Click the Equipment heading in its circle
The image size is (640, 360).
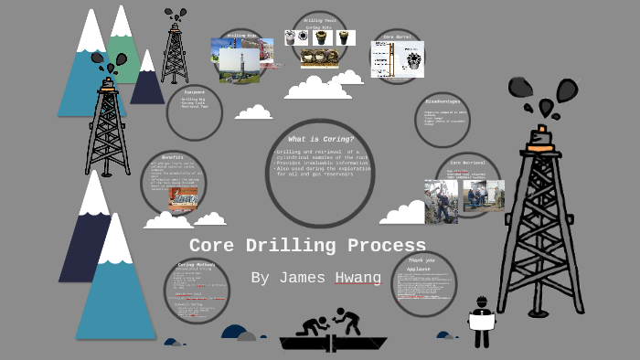coord(194,91)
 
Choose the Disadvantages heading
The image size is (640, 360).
coord(443,101)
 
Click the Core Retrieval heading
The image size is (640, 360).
coord(467,162)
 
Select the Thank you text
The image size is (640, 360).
coord(422,259)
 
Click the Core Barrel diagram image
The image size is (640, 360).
coord(396,58)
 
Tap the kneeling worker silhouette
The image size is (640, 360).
coord(313,325)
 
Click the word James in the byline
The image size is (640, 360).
coord(288,278)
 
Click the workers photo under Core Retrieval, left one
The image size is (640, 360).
coord(442,201)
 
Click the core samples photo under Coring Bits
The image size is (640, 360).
coord(319,58)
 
